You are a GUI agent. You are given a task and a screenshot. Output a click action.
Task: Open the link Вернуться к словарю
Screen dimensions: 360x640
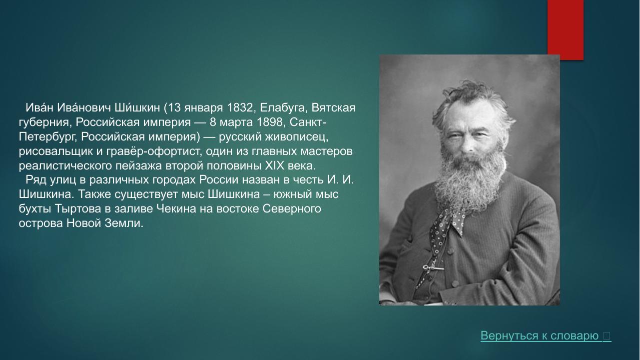[x=540, y=336]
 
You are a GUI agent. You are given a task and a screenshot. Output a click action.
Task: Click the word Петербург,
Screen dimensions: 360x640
[x=48, y=137]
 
